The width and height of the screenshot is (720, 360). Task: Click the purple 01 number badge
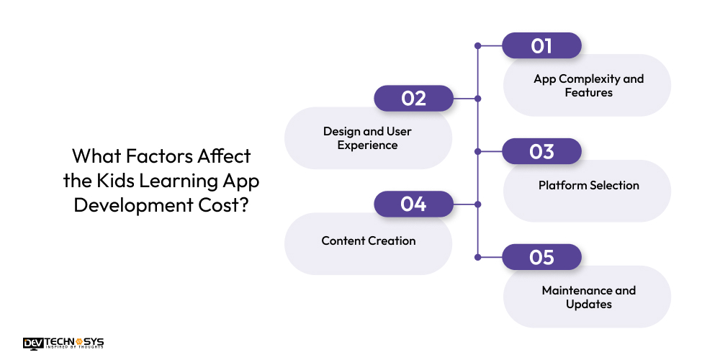click(x=541, y=45)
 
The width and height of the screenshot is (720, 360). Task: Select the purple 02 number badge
click(x=413, y=99)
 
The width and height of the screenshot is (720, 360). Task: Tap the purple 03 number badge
click(x=541, y=151)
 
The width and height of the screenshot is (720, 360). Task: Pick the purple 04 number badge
click(x=413, y=204)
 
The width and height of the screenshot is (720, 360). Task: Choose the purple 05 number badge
click(x=541, y=257)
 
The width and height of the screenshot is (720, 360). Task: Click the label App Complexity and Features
click(x=588, y=86)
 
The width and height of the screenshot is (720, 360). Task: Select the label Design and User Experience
click(x=367, y=138)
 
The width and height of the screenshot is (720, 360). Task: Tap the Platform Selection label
click(x=588, y=185)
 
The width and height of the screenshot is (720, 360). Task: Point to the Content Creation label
click(x=368, y=240)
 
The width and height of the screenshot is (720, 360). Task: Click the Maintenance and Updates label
click(x=588, y=297)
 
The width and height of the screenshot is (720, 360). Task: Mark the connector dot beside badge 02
click(x=477, y=99)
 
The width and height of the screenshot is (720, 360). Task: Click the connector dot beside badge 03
click(x=477, y=151)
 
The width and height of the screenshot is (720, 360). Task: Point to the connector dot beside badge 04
click(x=477, y=204)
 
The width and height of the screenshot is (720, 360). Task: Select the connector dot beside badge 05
click(x=477, y=257)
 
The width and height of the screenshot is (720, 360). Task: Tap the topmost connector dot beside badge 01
click(x=477, y=45)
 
